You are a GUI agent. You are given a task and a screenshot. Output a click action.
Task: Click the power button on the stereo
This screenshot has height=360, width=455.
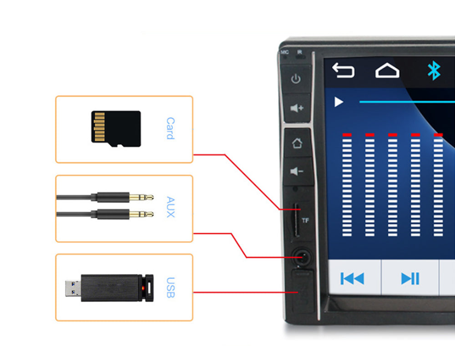[296, 79]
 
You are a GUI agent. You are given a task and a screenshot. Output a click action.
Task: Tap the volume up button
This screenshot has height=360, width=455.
[296, 108]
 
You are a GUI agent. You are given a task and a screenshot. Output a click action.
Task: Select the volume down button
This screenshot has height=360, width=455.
[297, 172]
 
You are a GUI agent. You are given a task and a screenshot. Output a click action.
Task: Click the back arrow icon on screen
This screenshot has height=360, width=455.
[343, 70]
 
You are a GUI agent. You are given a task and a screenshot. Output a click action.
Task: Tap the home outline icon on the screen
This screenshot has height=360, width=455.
[387, 71]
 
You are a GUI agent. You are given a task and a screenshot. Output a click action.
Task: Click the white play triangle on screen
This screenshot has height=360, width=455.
[339, 102]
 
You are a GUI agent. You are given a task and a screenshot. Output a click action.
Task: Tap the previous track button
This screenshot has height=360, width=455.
[352, 278]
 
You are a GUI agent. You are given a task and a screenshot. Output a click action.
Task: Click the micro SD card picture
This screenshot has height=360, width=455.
[116, 129]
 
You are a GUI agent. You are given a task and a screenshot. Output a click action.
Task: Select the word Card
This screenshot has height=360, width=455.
[170, 128]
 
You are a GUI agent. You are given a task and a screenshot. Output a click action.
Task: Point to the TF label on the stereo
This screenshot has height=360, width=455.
[305, 221]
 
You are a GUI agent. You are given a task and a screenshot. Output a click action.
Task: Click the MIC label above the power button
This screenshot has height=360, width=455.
[285, 52]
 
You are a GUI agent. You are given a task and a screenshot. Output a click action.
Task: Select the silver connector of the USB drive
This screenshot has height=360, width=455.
[73, 288]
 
